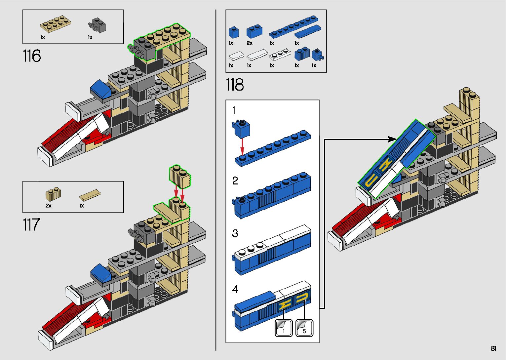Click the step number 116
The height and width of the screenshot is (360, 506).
point(32,56)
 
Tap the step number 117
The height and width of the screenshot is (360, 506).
point(31,224)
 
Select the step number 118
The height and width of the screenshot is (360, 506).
point(235,85)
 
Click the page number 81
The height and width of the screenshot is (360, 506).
point(493,348)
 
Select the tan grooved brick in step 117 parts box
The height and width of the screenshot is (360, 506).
point(53,194)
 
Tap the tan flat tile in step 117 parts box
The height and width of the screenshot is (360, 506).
point(90,195)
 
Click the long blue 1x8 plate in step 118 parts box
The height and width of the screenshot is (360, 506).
point(294,27)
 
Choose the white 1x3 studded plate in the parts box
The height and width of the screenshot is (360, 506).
point(280,55)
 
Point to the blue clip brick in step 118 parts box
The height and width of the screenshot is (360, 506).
point(317,55)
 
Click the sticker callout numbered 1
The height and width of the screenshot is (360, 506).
point(284,328)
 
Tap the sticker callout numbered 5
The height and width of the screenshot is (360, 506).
point(304,328)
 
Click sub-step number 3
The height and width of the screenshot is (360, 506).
point(235,233)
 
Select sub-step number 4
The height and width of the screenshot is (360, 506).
point(235,290)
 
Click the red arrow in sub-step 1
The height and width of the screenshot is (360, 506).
point(242,147)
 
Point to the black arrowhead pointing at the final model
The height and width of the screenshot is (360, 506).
point(392,139)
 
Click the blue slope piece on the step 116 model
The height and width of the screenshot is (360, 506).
point(101,89)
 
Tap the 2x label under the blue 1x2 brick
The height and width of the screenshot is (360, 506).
point(250,43)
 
